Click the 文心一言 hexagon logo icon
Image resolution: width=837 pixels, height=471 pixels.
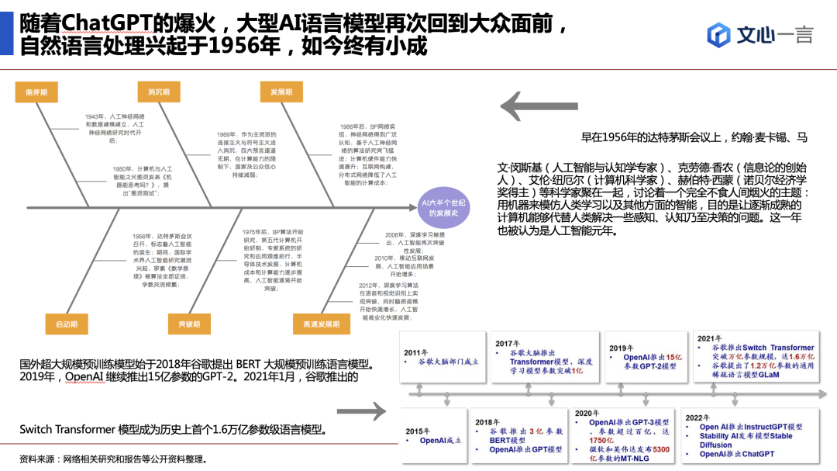719,34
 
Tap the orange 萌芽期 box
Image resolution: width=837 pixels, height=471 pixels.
36,92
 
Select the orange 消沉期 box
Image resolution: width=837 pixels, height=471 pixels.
159,92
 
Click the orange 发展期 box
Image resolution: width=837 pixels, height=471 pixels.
281,92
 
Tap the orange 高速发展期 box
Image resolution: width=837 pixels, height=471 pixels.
316,324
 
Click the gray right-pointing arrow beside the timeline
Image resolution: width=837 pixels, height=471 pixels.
366,410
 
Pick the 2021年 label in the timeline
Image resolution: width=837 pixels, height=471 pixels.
710,338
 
